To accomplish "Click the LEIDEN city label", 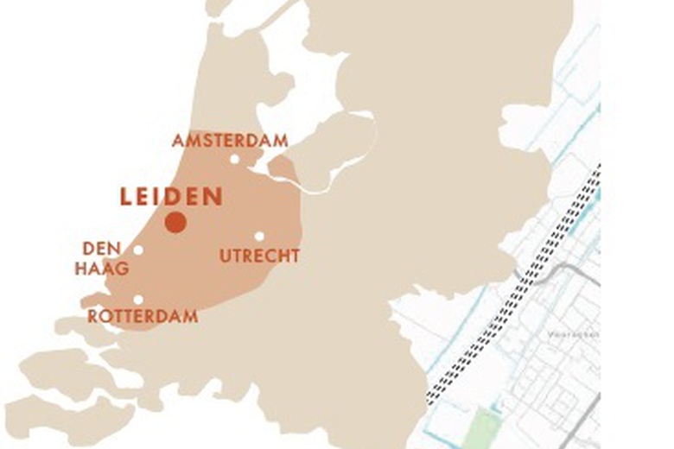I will point(171,197).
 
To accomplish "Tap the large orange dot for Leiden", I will point(176,223).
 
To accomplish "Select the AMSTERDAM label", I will point(230,141).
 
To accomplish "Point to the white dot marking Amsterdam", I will point(234,159).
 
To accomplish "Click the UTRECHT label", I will point(259,256).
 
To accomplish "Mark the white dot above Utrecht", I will point(258,236).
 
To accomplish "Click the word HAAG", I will point(101,269).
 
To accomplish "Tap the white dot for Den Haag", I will point(138,250).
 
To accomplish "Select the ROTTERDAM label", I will point(143,317).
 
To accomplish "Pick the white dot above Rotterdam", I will point(138,300).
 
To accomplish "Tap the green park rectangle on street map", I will point(485,424).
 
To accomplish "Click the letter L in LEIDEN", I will point(126,197).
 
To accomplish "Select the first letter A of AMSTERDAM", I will point(177,141).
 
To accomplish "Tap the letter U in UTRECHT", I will point(225,256).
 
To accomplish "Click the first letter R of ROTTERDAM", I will point(92,317).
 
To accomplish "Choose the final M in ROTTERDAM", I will point(191,317).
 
